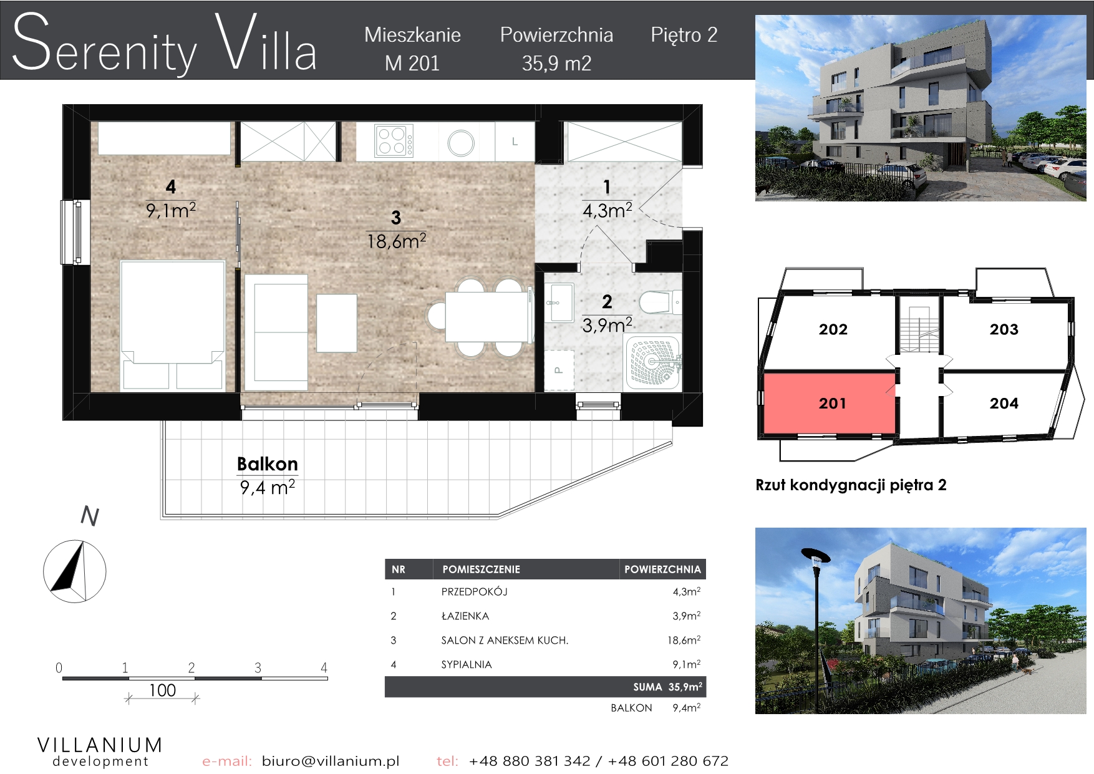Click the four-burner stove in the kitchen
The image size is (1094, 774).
tap(394, 141)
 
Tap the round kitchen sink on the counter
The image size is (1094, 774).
tap(461, 143)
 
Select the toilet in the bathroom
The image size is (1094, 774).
tap(660, 302)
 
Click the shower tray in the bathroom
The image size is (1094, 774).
tap(653, 362)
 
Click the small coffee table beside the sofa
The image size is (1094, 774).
tap(337, 323)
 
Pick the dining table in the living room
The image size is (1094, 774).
tap(487, 316)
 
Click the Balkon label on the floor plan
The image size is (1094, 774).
tap(268, 464)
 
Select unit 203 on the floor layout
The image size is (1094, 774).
tap(1004, 329)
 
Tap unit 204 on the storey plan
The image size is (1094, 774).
tap(1004, 404)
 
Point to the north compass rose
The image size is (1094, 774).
tap(74, 571)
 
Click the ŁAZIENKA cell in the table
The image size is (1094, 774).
tap(465, 616)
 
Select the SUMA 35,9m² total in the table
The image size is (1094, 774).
tap(667, 687)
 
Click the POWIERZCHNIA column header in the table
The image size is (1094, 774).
tap(662, 569)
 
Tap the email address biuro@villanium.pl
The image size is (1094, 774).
tap(331, 761)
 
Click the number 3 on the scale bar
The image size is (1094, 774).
tap(258, 668)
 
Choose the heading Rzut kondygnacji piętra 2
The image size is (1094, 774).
tap(851, 485)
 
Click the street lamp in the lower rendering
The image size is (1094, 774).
tap(816, 630)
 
